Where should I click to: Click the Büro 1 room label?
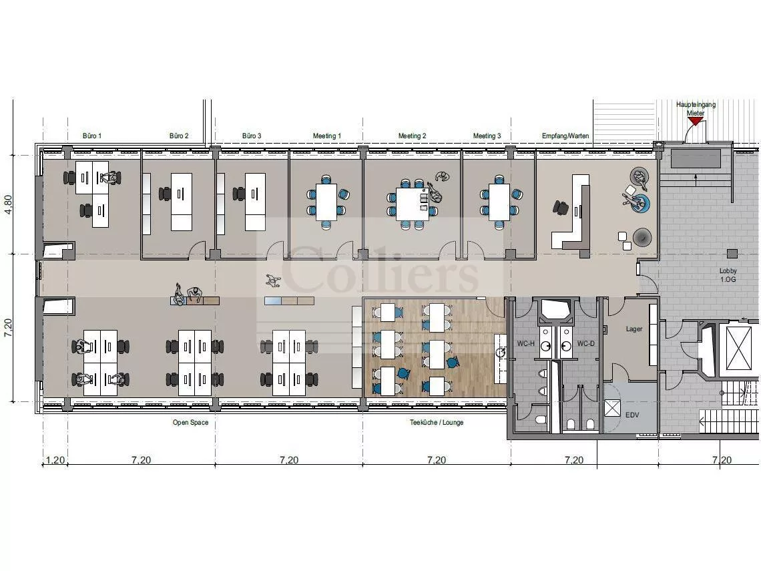[92, 136]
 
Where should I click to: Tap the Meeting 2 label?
[412, 136]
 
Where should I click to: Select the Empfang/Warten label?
[565, 136]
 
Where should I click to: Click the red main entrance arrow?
[695, 121]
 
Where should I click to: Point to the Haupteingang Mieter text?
[696, 109]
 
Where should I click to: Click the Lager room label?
[634, 329]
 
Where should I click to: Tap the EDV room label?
[632, 415]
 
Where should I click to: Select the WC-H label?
[525, 344]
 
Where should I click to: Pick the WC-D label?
[586, 344]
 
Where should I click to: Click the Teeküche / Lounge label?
[437, 423]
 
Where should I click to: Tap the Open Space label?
[190, 423]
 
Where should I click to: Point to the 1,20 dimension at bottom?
[55, 460]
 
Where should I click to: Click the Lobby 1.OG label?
[728, 275]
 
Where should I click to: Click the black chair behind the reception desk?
[560, 207]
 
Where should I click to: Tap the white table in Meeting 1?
[326, 202]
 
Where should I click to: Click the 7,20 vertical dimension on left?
[8, 328]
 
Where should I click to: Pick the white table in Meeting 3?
[499, 202]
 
